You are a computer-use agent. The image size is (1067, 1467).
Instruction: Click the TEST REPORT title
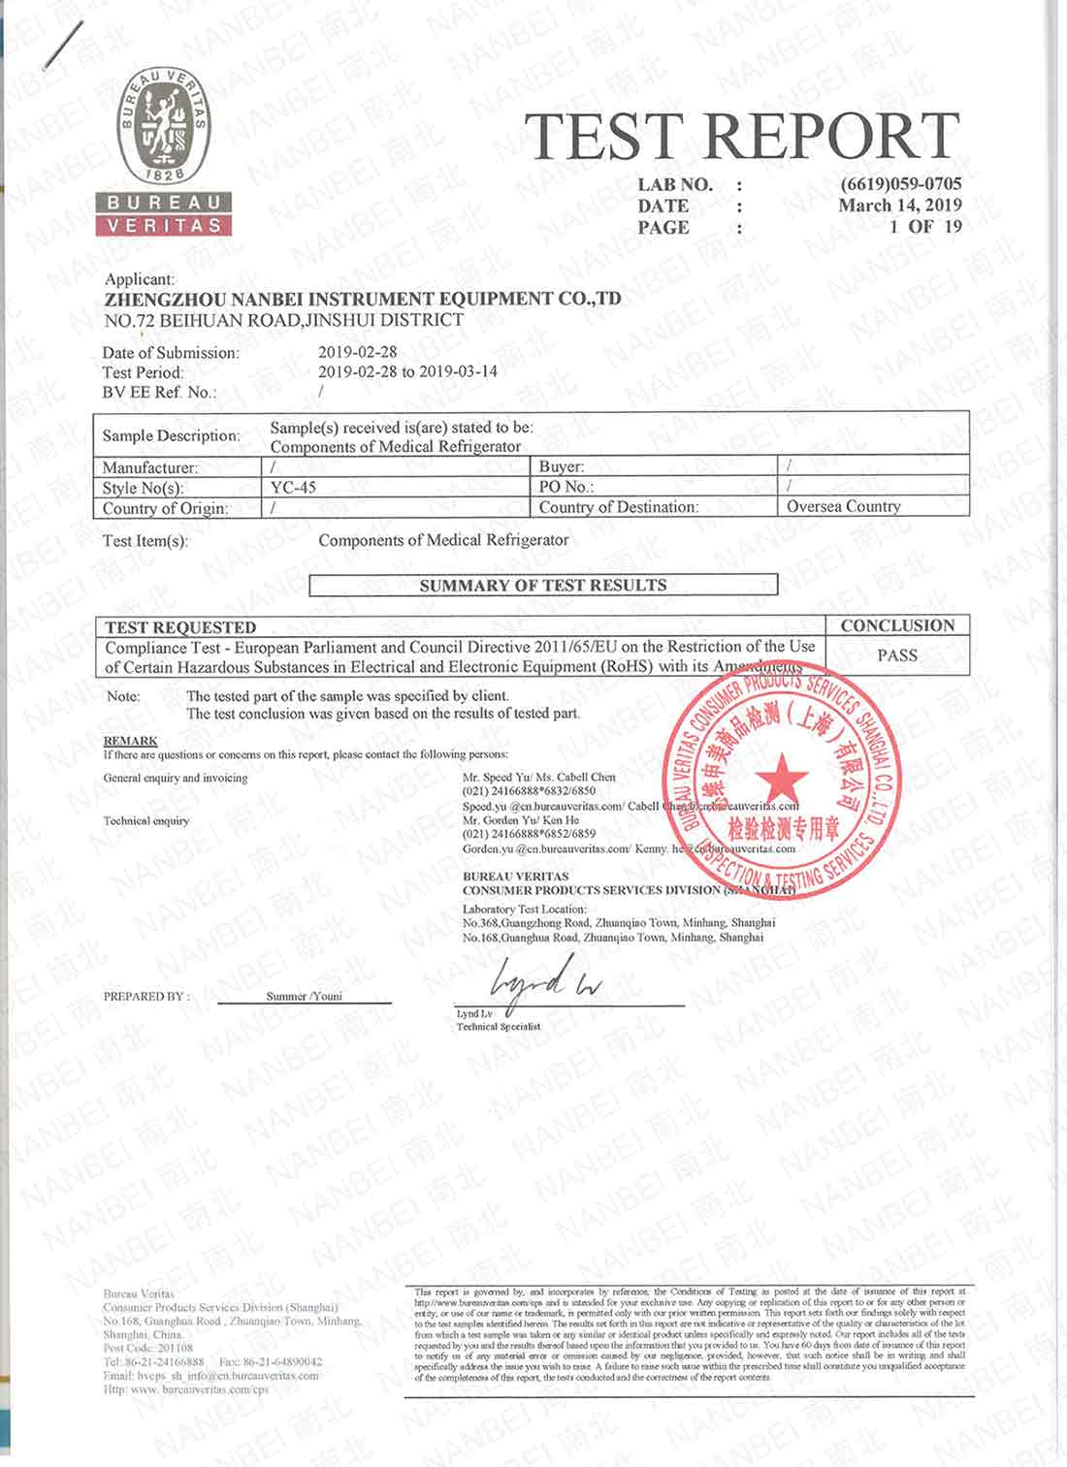pos(742,137)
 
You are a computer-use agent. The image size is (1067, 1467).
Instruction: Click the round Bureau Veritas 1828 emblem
pos(163,126)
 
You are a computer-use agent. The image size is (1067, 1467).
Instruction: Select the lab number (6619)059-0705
pos(901,184)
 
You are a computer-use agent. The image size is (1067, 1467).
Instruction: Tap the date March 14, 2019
pos(900,206)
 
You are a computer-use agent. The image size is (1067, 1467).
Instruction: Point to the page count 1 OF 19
pos(925,227)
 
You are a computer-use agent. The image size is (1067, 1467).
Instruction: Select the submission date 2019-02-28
pos(357,353)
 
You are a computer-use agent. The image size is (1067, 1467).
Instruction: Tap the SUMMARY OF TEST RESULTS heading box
pos(543,586)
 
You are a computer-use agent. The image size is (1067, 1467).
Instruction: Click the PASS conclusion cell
pos(897,655)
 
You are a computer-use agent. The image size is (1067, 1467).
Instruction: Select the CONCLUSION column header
pos(897,625)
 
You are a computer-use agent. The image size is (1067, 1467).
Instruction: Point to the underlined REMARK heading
pos(130,741)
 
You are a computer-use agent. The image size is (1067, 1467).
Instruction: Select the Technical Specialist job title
pos(499,1026)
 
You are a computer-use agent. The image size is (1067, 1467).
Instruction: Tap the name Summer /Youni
pos(304,996)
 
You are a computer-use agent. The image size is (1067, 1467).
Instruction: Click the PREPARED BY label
pos(145,997)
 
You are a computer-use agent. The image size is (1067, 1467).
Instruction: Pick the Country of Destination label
pos(618,507)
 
